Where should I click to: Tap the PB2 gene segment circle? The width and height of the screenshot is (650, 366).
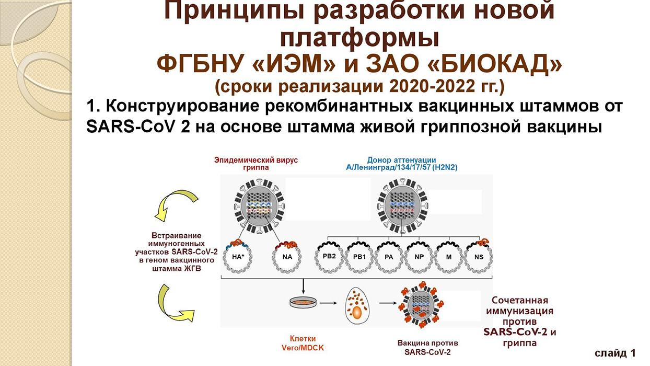329,257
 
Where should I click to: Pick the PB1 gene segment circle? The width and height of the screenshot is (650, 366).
359,257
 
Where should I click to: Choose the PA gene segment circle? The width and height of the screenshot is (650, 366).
389,257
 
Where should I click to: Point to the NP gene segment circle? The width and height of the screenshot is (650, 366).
419,257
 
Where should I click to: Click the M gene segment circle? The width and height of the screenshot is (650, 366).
449,257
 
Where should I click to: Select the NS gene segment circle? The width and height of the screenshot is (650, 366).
479,257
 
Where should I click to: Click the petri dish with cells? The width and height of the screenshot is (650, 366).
303,303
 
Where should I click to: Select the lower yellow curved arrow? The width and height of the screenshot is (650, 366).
175,303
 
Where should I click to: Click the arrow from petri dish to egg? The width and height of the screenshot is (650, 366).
328,303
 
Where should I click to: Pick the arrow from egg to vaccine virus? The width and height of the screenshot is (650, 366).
388,303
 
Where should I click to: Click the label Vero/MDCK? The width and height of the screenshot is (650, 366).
303,348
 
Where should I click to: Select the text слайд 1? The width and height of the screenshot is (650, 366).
615,353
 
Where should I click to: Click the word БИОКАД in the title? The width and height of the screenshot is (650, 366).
495,64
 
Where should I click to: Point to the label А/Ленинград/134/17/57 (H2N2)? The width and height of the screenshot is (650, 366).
402,167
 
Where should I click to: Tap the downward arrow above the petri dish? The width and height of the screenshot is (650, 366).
303,287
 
